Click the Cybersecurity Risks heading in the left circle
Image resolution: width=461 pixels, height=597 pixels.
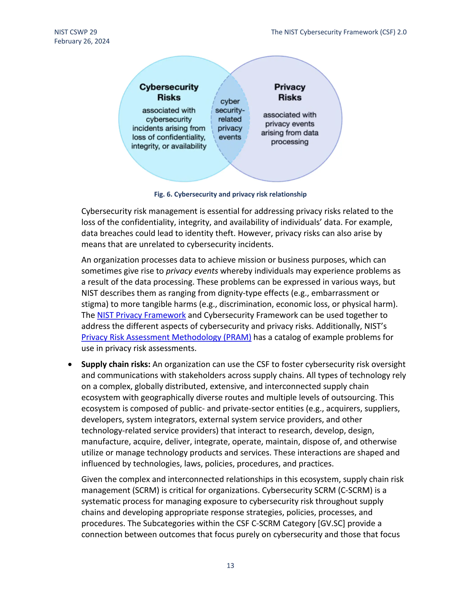pos(169,92)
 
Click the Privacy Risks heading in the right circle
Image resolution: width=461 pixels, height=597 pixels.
pos(290,92)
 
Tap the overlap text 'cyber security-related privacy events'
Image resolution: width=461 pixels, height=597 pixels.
pos(230,119)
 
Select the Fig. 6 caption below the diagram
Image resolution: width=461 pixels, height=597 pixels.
pos(230,194)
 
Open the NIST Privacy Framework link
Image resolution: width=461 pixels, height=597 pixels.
pos(141,315)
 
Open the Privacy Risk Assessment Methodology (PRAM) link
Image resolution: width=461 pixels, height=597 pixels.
pos(166,337)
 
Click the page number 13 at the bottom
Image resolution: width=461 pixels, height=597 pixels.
pos(230,565)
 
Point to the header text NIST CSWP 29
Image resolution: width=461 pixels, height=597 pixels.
pos(76,32)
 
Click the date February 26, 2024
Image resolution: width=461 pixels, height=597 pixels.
pos(82,41)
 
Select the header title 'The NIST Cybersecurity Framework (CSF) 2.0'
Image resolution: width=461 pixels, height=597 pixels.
pos(339,32)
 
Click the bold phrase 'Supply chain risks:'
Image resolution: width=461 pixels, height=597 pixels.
pos(116,364)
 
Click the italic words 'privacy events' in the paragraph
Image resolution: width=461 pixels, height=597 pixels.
pos(192,271)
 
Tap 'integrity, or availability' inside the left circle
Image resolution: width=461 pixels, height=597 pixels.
pos(169,146)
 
